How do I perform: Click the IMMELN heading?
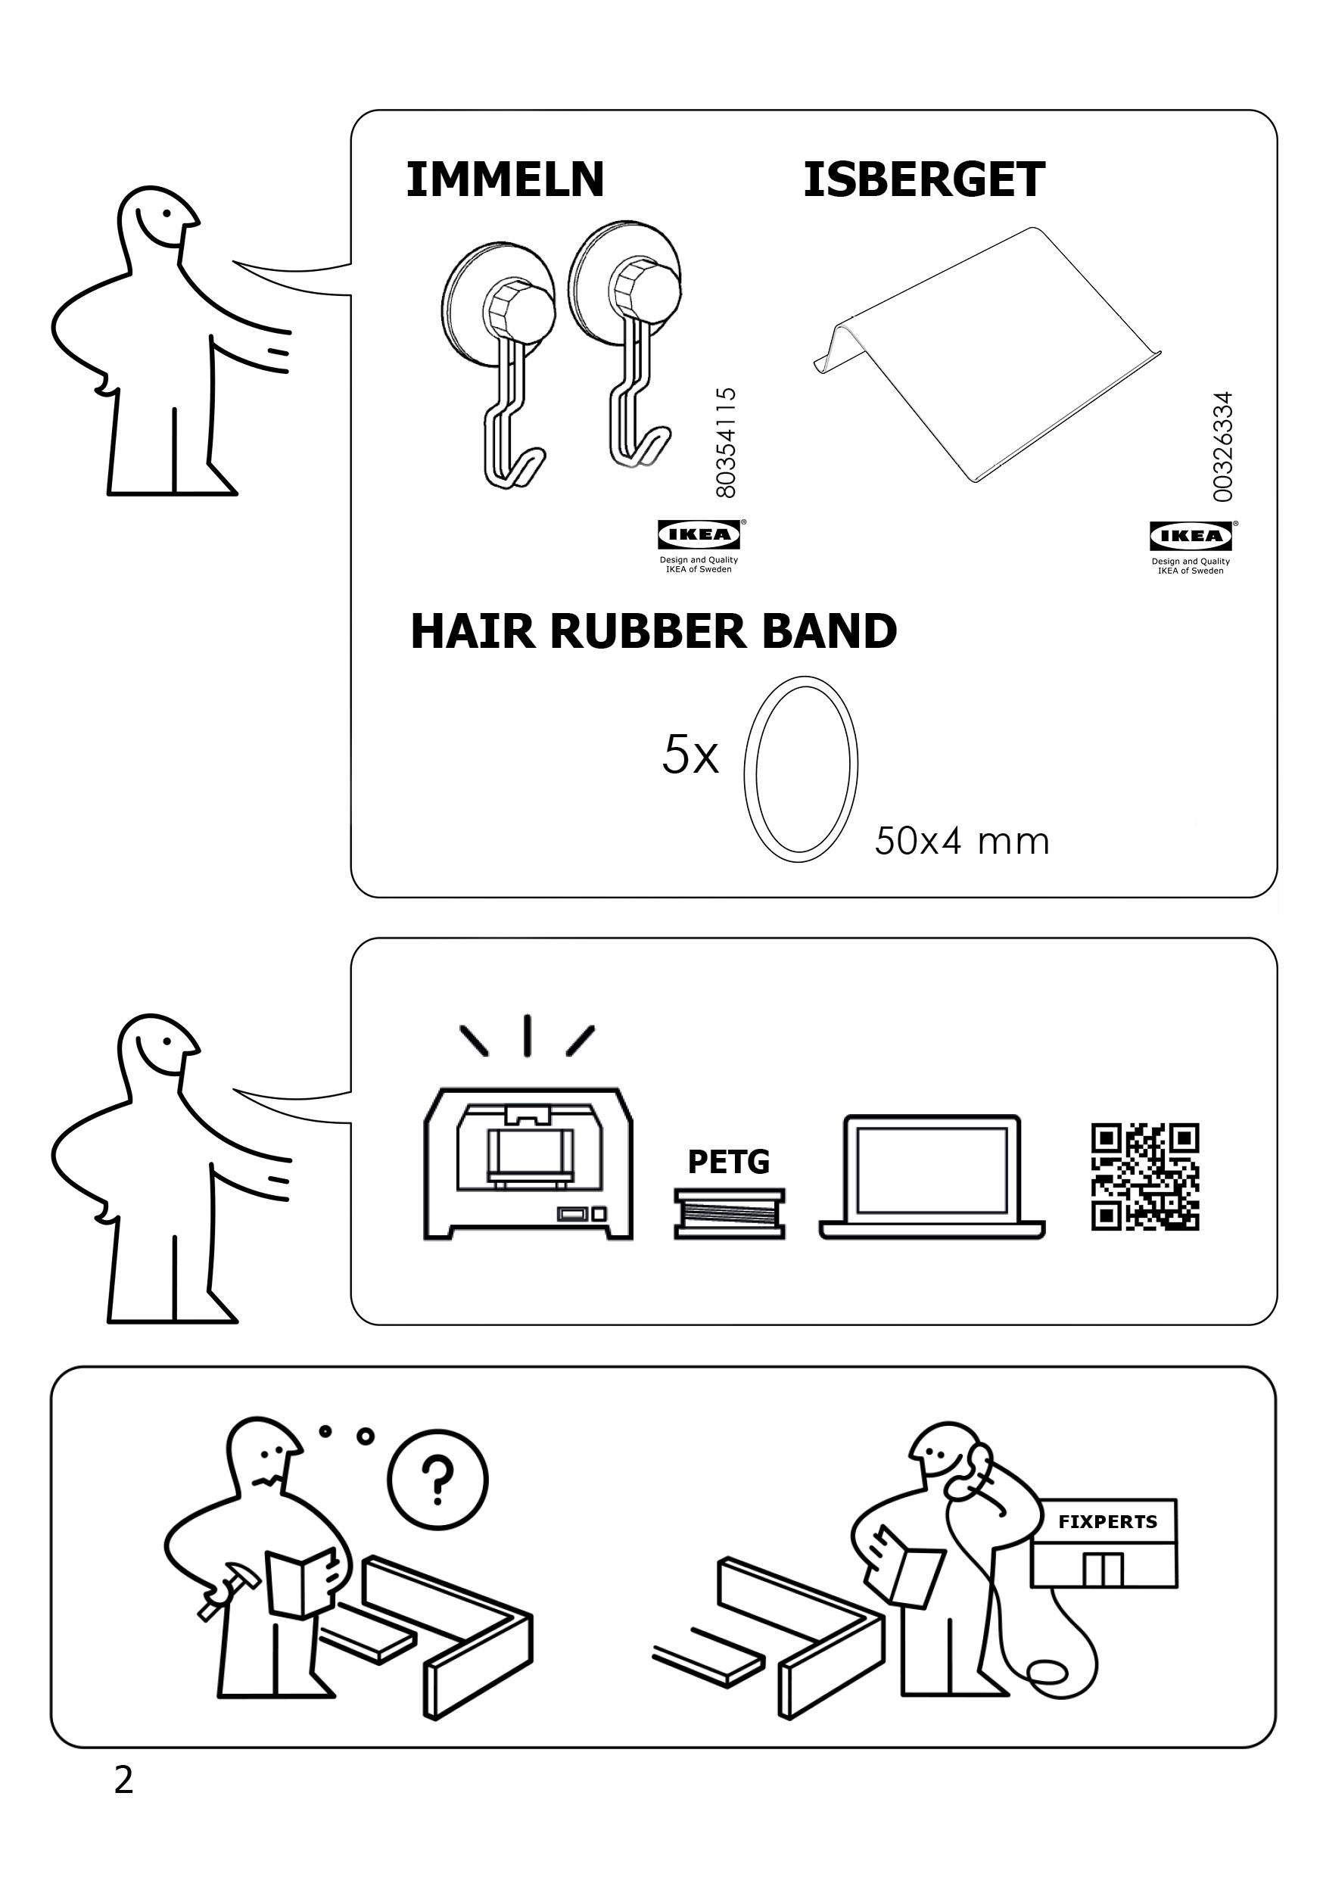click(x=505, y=180)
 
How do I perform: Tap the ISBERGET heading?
click(x=924, y=180)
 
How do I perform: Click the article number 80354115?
click(x=725, y=442)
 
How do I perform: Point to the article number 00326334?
click(x=1222, y=447)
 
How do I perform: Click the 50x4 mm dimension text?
click(x=961, y=841)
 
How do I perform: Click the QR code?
click(x=1144, y=1176)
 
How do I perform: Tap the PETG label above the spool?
click(x=729, y=1161)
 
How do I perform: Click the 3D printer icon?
click(x=528, y=1163)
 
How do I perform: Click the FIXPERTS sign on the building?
click(x=1108, y=1521)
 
